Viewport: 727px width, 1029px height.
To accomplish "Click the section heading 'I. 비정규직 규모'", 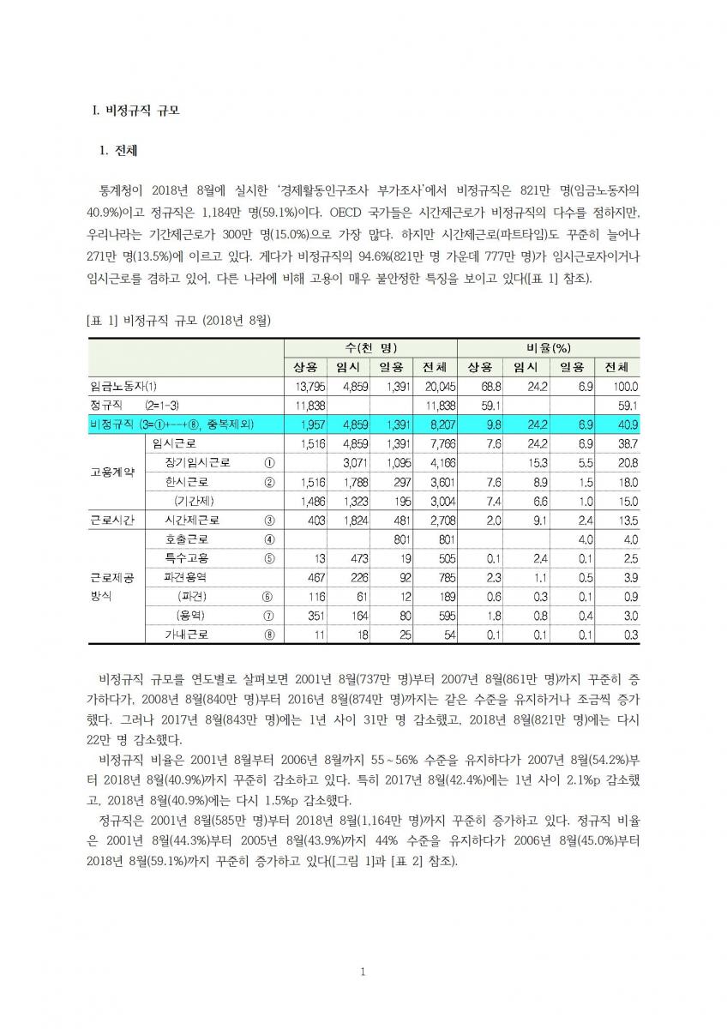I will (x=136, y=111).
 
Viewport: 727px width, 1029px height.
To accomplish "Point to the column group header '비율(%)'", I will (x=549, y=347).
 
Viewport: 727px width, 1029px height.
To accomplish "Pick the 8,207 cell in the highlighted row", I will (x=441, y=424).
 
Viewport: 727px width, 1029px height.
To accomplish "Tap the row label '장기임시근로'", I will (x=197, y=462).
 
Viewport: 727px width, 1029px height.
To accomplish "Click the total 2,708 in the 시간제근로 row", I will (x=441, y=521).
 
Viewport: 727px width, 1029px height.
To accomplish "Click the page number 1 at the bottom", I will (x=363, y=972).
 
